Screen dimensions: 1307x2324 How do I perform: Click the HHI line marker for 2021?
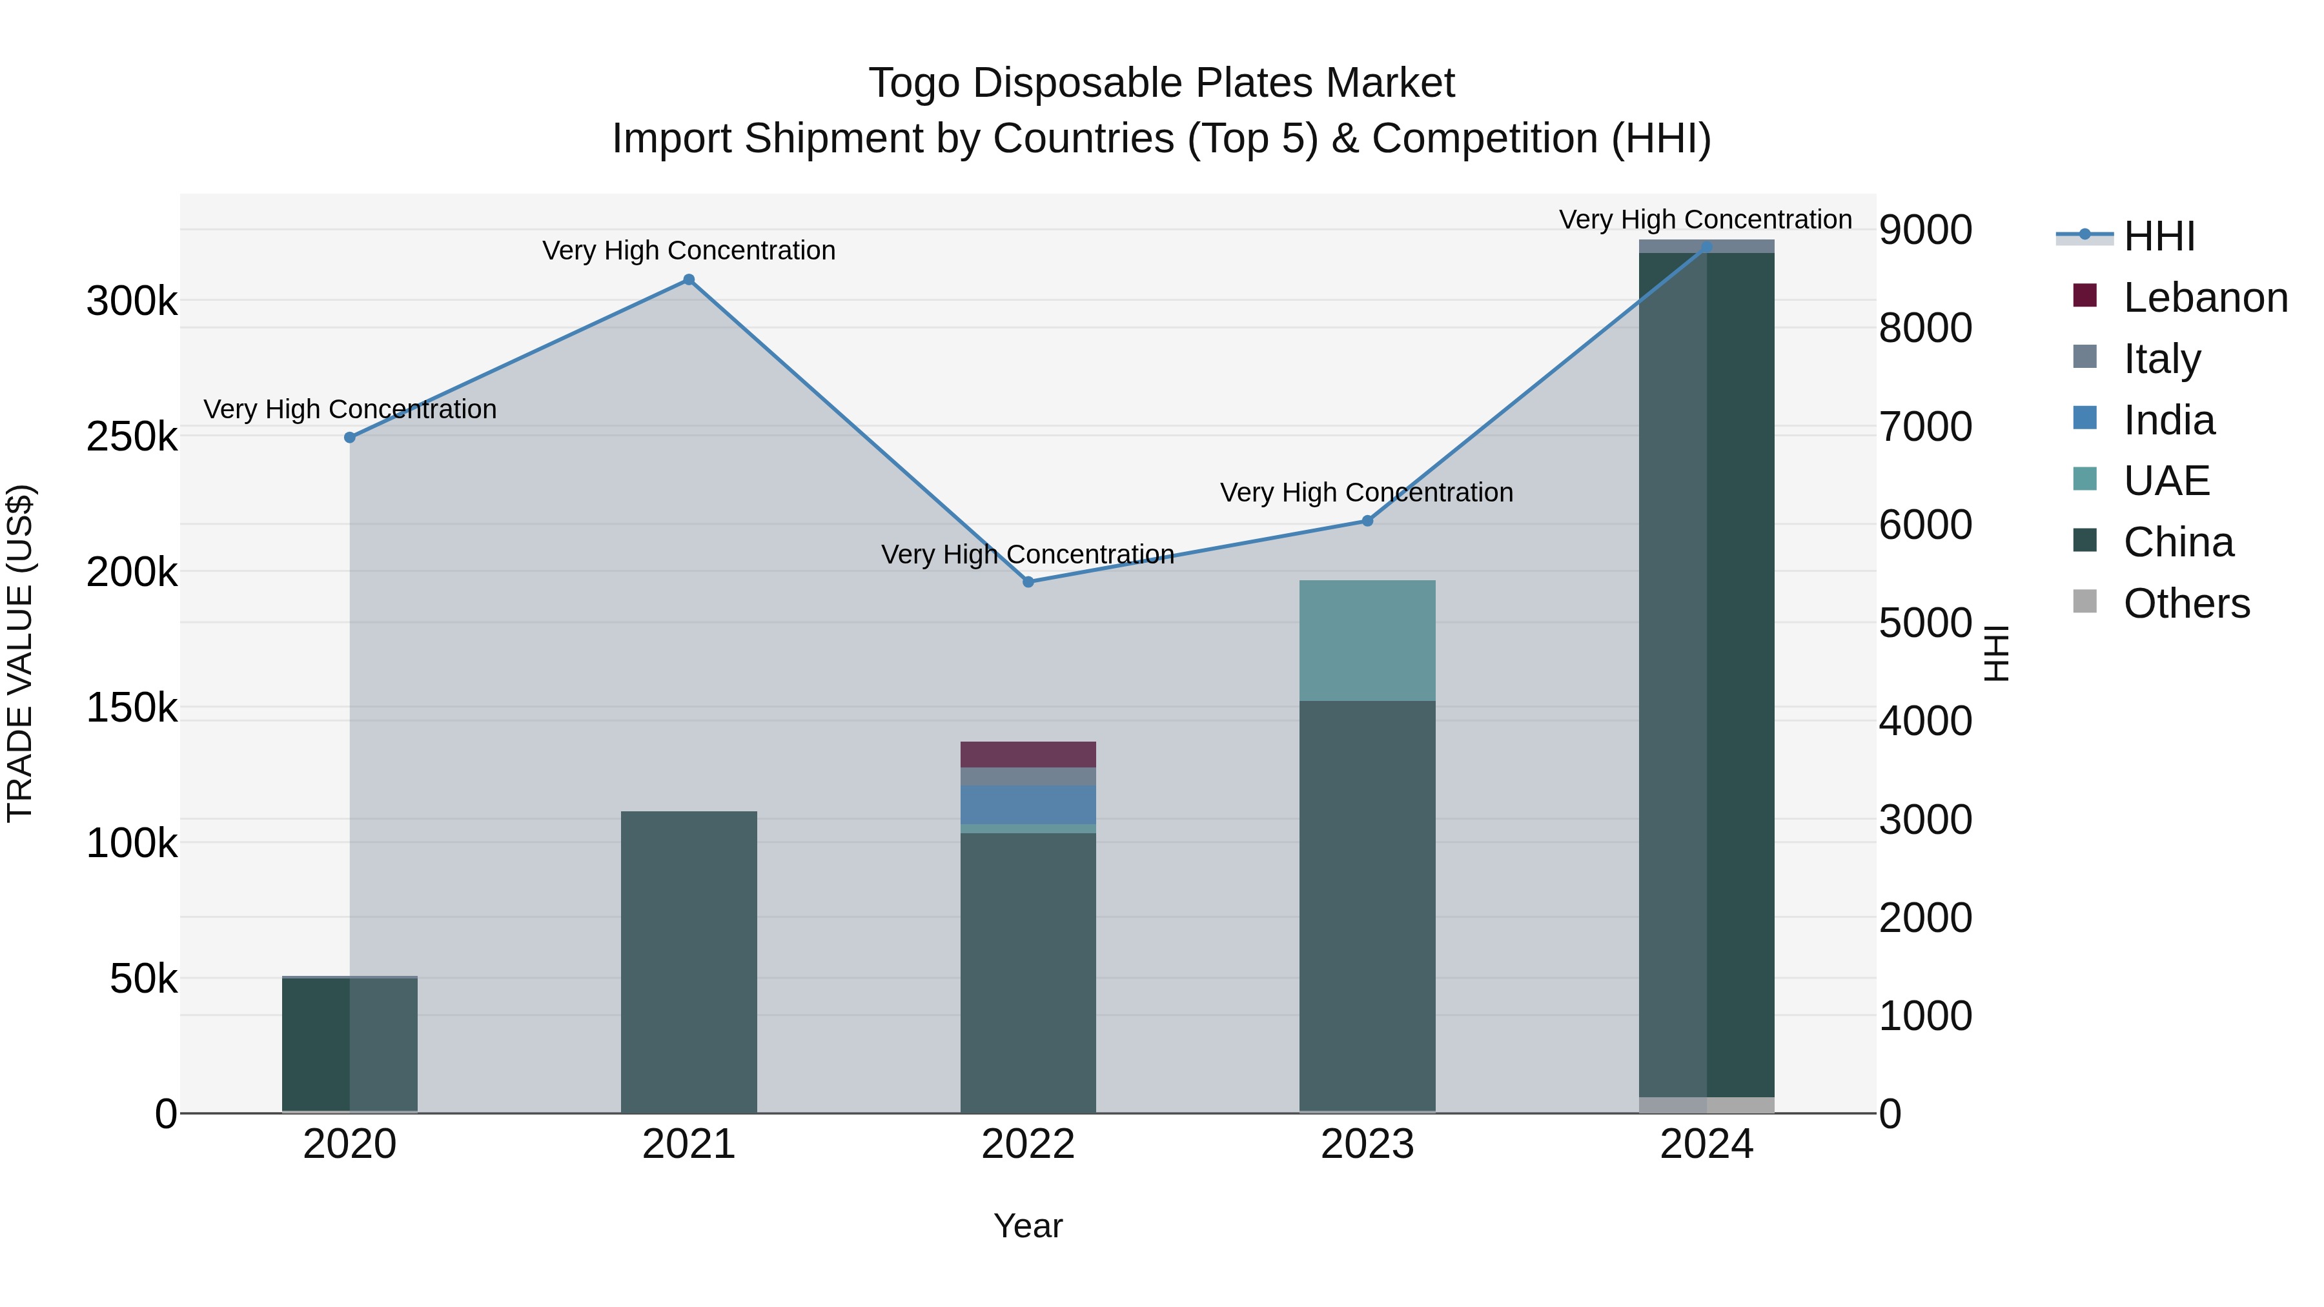tap(688, 279)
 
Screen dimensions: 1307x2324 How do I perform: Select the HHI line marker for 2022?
tap(1028, 582)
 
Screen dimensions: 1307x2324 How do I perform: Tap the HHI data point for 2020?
tap(350, 438)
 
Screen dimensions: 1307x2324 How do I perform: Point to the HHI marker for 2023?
tap(1367, 520)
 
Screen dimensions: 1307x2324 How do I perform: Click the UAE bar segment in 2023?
tap(1367, 640)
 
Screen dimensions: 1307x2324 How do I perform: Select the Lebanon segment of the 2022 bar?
tap(1028, 754)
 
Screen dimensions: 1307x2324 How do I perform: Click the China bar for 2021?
tap(688, 960)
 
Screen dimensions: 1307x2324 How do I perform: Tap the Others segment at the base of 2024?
tap(1706, 1105)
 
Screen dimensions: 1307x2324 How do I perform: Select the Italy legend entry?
tap(2161, 359)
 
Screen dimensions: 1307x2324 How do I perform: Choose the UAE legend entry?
tap(2165, 481)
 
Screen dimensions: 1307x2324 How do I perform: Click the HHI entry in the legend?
tap(2158, 236)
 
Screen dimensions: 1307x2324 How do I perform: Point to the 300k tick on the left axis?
tap(132, 301)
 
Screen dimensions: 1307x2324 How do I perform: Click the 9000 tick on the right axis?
tap(1925, 230)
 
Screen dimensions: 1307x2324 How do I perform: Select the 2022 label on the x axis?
tap(1028, 1144)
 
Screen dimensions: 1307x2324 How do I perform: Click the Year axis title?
tap(1028, 1226)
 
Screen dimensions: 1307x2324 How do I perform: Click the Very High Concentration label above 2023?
tap(1366, 492)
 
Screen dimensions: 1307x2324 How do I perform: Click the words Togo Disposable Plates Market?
tap(1161, 83)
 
